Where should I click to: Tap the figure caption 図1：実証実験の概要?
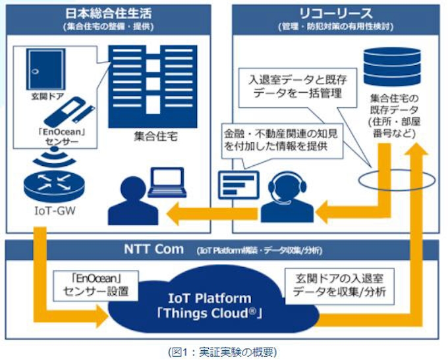224,351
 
